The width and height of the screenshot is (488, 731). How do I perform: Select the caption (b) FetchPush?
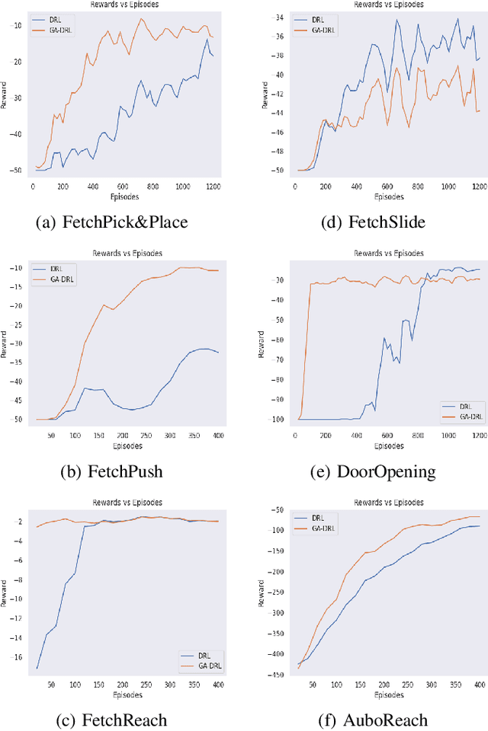click(111, 471)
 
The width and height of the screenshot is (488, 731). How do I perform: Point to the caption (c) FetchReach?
click(111, 719)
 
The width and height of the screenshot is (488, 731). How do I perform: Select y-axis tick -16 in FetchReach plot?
click(16, 657)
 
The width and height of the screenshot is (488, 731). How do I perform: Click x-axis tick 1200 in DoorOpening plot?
click(478, 436)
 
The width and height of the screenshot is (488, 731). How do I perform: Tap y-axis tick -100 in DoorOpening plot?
click(276, 420)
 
